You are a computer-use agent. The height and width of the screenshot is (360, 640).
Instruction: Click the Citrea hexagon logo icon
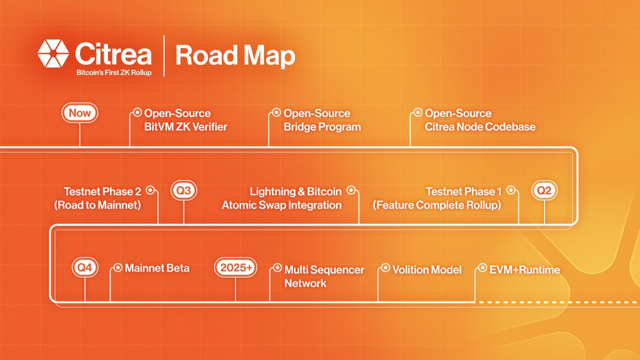(x=53, y=54)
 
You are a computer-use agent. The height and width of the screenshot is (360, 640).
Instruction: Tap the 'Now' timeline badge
(x=79, y=113)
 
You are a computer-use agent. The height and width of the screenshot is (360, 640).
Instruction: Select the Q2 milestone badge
(x=545, y=190)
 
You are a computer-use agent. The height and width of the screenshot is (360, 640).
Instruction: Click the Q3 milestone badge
(x=183, y=190)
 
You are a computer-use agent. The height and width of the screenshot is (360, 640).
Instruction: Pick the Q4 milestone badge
(x=85, y=267)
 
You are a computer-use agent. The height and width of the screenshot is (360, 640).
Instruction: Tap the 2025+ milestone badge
(x=235, y=267)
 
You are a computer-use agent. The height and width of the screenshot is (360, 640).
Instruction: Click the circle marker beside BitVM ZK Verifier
(x=138, y=113)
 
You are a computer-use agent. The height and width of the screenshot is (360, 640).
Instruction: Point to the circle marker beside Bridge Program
(x=276, y=113)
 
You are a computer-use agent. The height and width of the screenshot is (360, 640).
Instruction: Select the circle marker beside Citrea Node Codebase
(x=418, y=113)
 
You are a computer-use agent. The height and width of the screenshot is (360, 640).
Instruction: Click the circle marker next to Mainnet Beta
(x=118, y=268)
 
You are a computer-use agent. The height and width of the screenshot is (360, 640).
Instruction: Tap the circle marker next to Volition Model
(x=386, y=268)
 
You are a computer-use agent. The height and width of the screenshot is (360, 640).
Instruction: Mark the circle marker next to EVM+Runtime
(x=482, y=268)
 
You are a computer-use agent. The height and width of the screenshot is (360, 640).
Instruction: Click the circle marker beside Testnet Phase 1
(x=511, y=190)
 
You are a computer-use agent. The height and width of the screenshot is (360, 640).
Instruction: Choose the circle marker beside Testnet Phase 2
(x=150, y=190)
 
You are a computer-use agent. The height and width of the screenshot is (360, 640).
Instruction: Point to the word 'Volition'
(x=410, y=270)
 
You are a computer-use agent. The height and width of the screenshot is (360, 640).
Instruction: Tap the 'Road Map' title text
(x=235, y=55)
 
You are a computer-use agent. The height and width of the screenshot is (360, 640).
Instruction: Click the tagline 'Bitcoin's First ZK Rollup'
(x=114, y=73)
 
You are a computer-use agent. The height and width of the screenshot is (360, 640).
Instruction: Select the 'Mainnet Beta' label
(x=157, y=268)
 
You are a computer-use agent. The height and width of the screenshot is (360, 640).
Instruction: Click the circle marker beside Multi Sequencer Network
(x=277, y=268)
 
